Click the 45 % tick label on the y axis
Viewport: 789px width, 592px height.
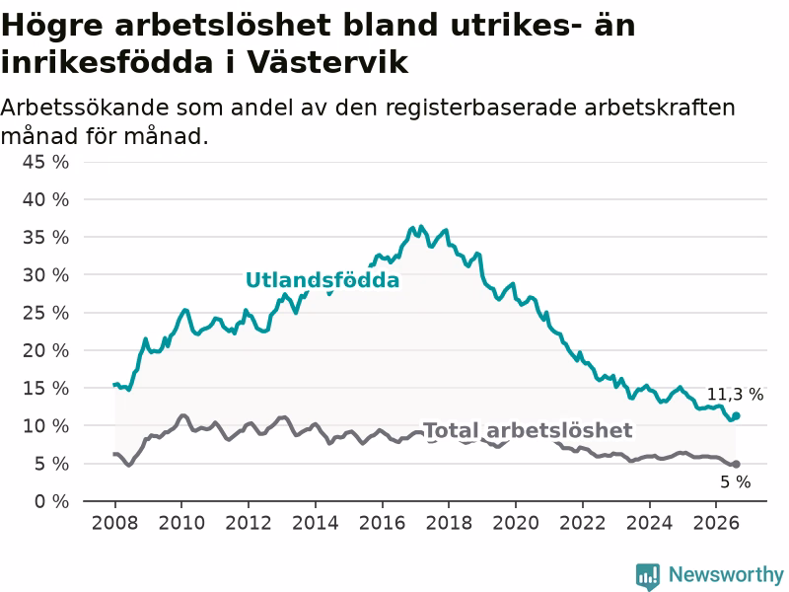point(45,162)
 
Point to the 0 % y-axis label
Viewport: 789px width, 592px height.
point(51,501)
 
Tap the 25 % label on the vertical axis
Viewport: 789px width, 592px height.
point(45,313)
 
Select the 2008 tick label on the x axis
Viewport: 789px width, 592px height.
point(114,523)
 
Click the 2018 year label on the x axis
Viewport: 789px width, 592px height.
point(449,523)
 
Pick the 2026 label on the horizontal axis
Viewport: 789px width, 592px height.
point(716,523)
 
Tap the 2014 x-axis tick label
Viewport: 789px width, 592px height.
point(315,523)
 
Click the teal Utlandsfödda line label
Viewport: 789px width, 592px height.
point(323,280)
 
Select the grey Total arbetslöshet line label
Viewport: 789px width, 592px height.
point(528,430)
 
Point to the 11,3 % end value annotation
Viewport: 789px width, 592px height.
point(735,395)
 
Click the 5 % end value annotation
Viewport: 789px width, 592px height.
point(735,482)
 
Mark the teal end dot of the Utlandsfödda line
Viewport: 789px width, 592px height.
point(736,415)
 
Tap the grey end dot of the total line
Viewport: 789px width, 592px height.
point(736,464)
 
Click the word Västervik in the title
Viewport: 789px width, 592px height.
point(327,62)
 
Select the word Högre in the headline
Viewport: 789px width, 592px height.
point(52,26)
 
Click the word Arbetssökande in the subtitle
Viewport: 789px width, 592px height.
point(85,108)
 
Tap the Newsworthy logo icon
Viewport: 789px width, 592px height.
point(648,576)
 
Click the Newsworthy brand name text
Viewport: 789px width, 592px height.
point(726,574)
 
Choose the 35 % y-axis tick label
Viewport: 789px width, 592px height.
point(45,238)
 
